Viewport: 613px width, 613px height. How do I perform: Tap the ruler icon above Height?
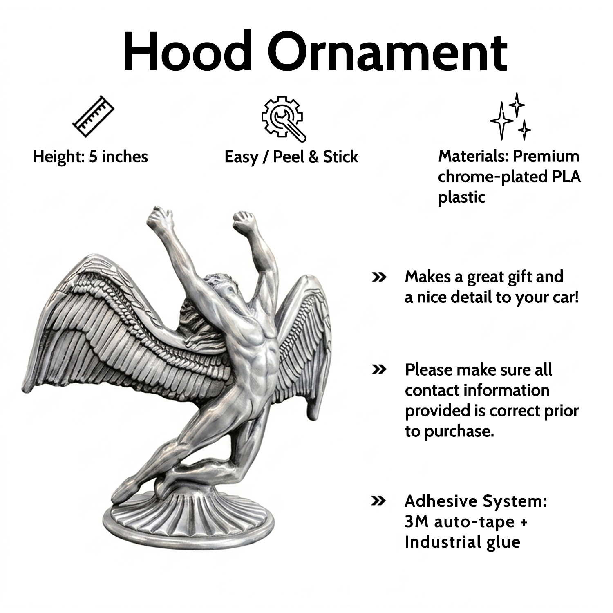pos(93,116)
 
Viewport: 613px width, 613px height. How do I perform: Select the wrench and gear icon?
pos(284,119)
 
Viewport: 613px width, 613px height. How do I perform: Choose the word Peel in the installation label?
pos(288,157)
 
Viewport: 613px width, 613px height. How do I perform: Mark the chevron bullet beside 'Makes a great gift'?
pos(379,277)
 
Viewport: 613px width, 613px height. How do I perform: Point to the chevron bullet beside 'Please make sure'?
pos(379,370)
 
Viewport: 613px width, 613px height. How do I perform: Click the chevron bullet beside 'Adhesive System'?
pos(379,501)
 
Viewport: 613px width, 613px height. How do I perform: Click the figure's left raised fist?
pos(159,217)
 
